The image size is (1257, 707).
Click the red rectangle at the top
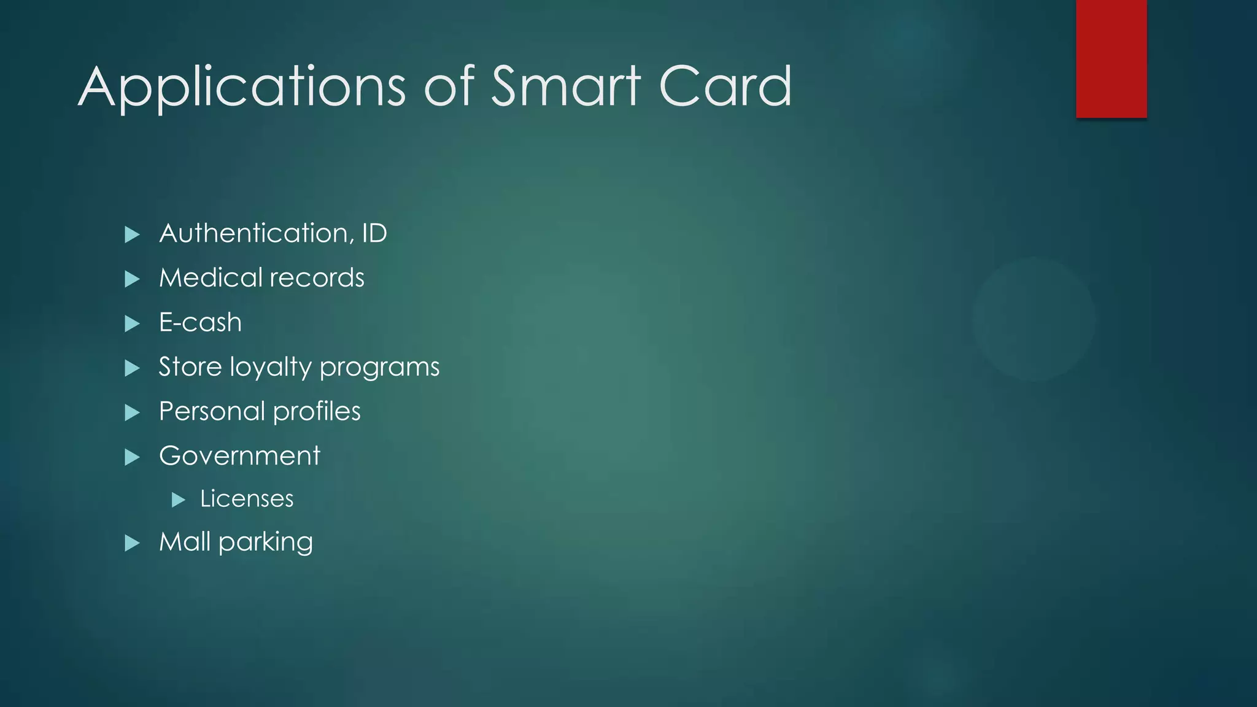coord(1111,59)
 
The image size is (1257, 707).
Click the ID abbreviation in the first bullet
coord(374,233)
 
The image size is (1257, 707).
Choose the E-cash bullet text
coord(200,322)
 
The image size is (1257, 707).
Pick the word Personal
coord(212,411)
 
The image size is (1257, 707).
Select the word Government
coord(239,456)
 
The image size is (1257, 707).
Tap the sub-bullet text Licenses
coord(247,499)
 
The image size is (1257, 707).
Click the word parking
coord(265,543)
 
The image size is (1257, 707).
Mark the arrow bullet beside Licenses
coord(179,500)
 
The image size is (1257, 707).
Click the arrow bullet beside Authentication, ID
coord(132,234)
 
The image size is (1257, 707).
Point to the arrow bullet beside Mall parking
coord(132,543)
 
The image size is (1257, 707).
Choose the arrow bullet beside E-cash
coord(132,323)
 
